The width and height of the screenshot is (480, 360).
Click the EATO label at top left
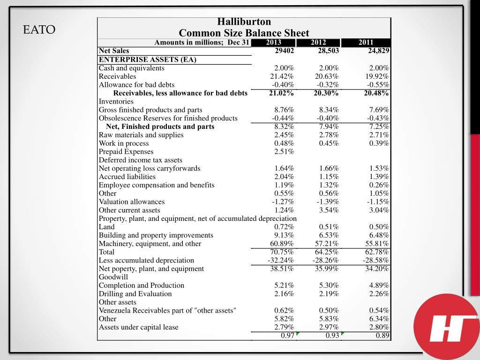click(39, 30)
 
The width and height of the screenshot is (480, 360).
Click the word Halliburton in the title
click(244, 22)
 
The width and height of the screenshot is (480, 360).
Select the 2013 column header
click(273, 43)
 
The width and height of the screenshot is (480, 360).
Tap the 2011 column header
click(366, 43)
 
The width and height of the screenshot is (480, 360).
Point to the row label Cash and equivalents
click(132, 68)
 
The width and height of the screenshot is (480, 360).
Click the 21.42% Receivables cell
click(282, 76)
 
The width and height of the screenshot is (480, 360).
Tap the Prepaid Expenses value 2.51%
click(284, 151)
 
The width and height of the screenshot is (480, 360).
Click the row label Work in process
click(124, 143)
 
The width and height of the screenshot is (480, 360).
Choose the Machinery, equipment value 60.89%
click(282, 244)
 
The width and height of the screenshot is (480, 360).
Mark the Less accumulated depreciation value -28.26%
click(326, 260)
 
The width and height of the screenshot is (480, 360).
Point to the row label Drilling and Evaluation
click(135, 294)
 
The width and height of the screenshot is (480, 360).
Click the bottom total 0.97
click(287, 336)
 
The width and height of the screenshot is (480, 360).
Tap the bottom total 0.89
click(382, 336)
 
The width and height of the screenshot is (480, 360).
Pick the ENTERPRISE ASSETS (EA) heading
click(148, 60)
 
